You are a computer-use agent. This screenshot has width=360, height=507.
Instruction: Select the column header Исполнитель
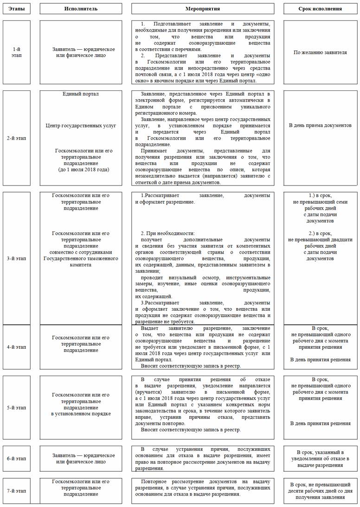[x=81, y=9]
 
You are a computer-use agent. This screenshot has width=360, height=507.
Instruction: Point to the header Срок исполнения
[x=320, y=9]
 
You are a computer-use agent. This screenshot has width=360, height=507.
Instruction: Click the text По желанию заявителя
[x=320, y=52]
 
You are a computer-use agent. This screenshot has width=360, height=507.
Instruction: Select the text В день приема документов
[x=320, y=125]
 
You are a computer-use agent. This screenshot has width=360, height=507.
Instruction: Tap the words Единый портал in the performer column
[x=81, y=94]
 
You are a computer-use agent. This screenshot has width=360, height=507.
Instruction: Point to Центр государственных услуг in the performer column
[x=81, y=125]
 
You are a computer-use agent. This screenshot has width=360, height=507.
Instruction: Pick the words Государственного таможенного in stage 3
[x=81, y=258]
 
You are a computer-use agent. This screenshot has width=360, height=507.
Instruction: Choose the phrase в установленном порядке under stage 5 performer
[x=81, y=413]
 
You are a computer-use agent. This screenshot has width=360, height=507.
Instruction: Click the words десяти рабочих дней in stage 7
[x=320, y=491]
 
